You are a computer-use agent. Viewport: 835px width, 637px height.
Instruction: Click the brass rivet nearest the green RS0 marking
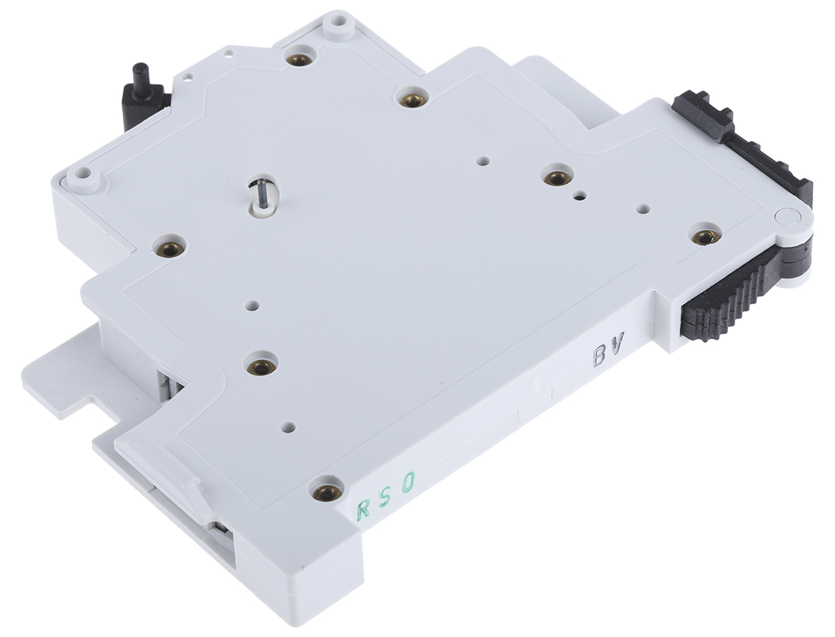[326, 493]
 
